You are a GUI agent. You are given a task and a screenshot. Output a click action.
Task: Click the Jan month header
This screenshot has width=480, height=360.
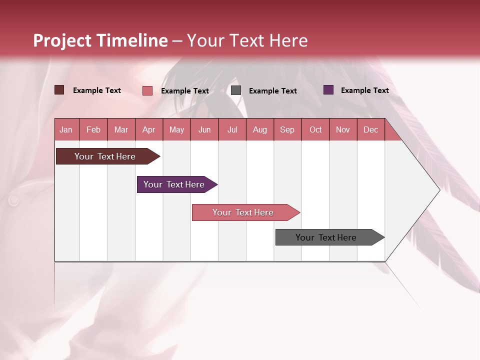pyautogui.click(x=66, y=129)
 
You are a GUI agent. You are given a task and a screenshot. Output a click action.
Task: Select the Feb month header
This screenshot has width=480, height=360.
pyautogui.click(x=93, y=129)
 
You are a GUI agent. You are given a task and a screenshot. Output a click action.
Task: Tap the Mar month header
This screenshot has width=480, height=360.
pyautogui.click(x=121, y=129)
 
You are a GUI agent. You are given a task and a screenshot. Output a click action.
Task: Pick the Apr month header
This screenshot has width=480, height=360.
pyautogui.click(x=149, y=129)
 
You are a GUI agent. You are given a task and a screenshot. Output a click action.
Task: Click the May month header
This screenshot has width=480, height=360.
pyautogui.click(x=176, y=129)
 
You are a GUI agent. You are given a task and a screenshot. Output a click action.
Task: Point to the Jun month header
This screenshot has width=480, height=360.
pyautogui.click(x=204, y=129)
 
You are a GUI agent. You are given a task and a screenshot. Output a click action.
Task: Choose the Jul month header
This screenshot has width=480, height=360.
pyautogui.click(x=232, y=129)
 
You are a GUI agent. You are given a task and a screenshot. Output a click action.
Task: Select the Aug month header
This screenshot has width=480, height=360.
pyautogui.click(x=260, y=129)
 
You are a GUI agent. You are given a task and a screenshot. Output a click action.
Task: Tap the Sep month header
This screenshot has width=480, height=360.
pyautogui.click(x=287, y=129)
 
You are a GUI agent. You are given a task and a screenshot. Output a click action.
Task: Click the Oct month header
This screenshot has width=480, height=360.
pyautogui.click(x=315, y=129)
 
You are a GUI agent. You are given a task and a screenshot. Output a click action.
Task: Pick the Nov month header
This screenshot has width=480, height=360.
pyautogui.click(x=343, y=129)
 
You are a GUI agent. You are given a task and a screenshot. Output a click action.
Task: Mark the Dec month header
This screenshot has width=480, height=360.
pyautogui.click(x=371, y=129)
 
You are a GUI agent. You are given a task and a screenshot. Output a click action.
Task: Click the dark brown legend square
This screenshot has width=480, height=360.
pyautogui.click(x=59, y=90)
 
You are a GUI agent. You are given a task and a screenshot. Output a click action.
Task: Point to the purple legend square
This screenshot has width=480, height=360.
pyautogui.click(x=328, y=90)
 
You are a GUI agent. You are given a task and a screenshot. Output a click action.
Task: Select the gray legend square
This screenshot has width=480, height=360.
pyautogui.click(x=236, y=90)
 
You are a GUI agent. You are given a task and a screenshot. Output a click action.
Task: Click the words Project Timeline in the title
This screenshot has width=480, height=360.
pyautogui.click(x=100, y=40)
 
